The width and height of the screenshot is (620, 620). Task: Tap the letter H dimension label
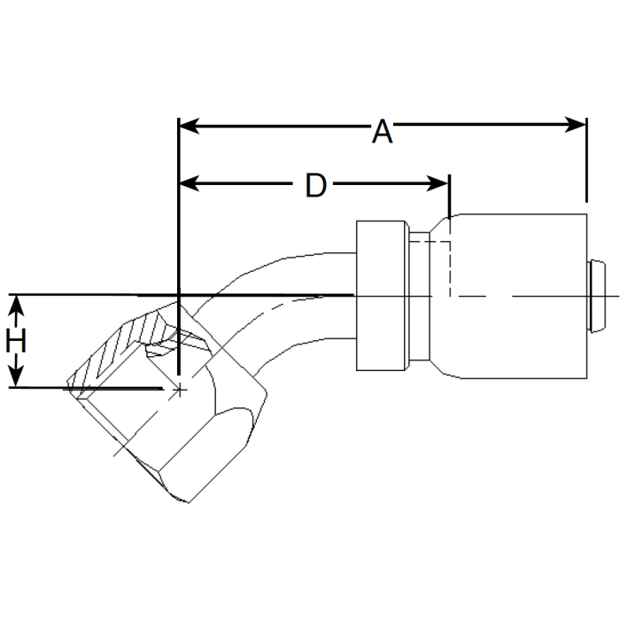[x=16, y=341]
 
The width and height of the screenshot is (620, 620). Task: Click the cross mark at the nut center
[x=180, y=390]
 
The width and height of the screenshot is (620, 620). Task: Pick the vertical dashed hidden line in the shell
[x=452, y=257]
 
